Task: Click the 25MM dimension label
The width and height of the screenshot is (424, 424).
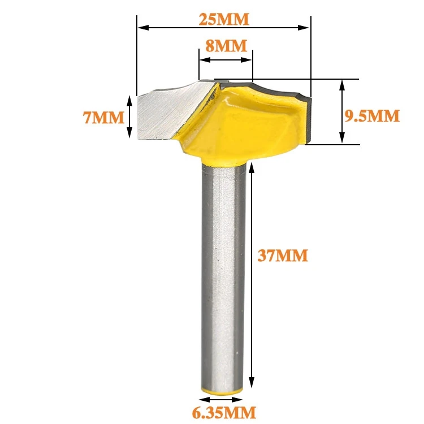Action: pos(224,19)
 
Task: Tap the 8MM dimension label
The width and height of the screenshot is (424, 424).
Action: pos(226,46)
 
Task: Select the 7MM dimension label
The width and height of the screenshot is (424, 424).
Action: pos(103,118)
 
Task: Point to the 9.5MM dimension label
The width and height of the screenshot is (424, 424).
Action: pos(372,116)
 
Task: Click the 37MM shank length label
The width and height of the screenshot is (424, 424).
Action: pos(283,256)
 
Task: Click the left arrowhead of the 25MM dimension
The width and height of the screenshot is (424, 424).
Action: pos(141,27)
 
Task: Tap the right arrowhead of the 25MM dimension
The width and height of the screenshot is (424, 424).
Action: pos(306,27)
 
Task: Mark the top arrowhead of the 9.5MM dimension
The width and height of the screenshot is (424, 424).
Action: pos(341,83)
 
